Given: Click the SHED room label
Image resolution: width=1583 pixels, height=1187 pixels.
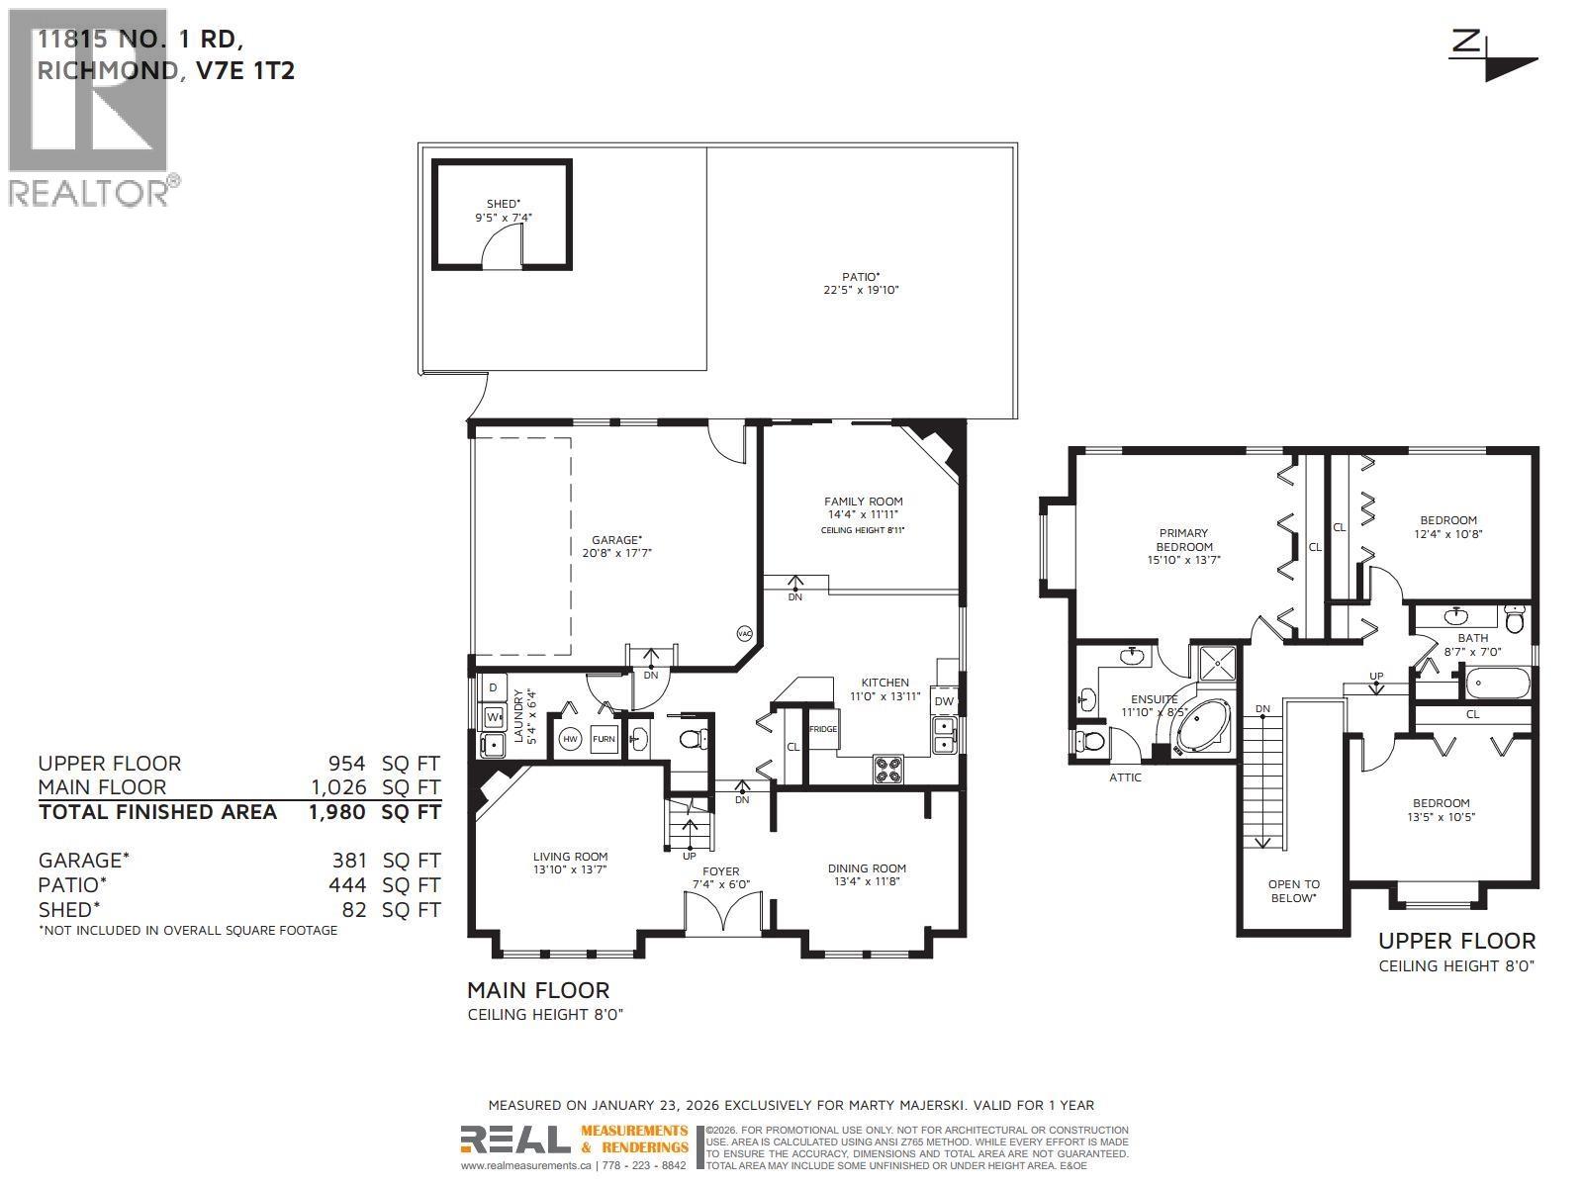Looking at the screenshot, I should [x=503, y=204].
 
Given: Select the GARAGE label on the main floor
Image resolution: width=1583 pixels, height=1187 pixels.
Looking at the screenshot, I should [x=616, y=540].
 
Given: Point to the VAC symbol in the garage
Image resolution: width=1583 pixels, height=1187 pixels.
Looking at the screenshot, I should [x=744, y=633].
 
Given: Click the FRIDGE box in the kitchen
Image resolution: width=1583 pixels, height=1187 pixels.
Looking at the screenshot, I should [x=822, y=729].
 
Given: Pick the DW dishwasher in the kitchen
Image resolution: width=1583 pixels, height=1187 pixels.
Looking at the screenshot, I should [x=944, y=701].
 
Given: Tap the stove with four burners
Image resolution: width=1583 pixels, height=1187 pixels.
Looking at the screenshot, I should [x=886, y=770].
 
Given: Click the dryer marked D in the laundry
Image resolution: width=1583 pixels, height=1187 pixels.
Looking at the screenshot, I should [x=493, y=687].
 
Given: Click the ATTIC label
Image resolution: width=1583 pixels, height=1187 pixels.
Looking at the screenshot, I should [x=1125, y=777].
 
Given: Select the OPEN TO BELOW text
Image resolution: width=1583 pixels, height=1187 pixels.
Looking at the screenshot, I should [x=1293, y=891].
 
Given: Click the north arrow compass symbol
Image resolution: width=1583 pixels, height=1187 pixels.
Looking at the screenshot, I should [x=1494, y=55].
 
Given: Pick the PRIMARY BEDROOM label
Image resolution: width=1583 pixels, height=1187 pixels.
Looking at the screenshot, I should [x=1183, y=540].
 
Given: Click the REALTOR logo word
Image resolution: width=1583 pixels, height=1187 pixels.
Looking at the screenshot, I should [x=89, y=193].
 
